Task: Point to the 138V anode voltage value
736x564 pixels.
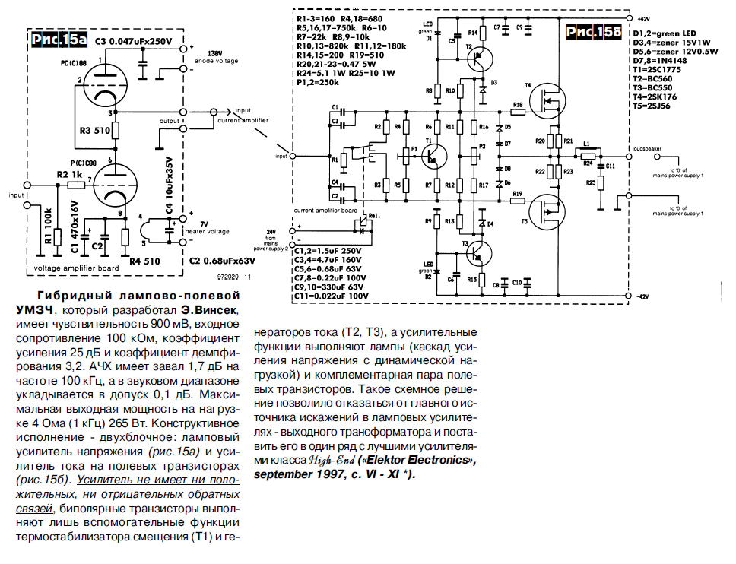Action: [214, 53]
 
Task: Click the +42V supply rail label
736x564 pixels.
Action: [645, 17]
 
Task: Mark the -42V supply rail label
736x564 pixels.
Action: [645, 296]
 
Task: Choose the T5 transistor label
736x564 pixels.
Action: [524, 220]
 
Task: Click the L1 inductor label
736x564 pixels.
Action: [586, 144]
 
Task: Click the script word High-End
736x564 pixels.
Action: [332, 460]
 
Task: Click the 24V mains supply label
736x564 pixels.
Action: [270, 230]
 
